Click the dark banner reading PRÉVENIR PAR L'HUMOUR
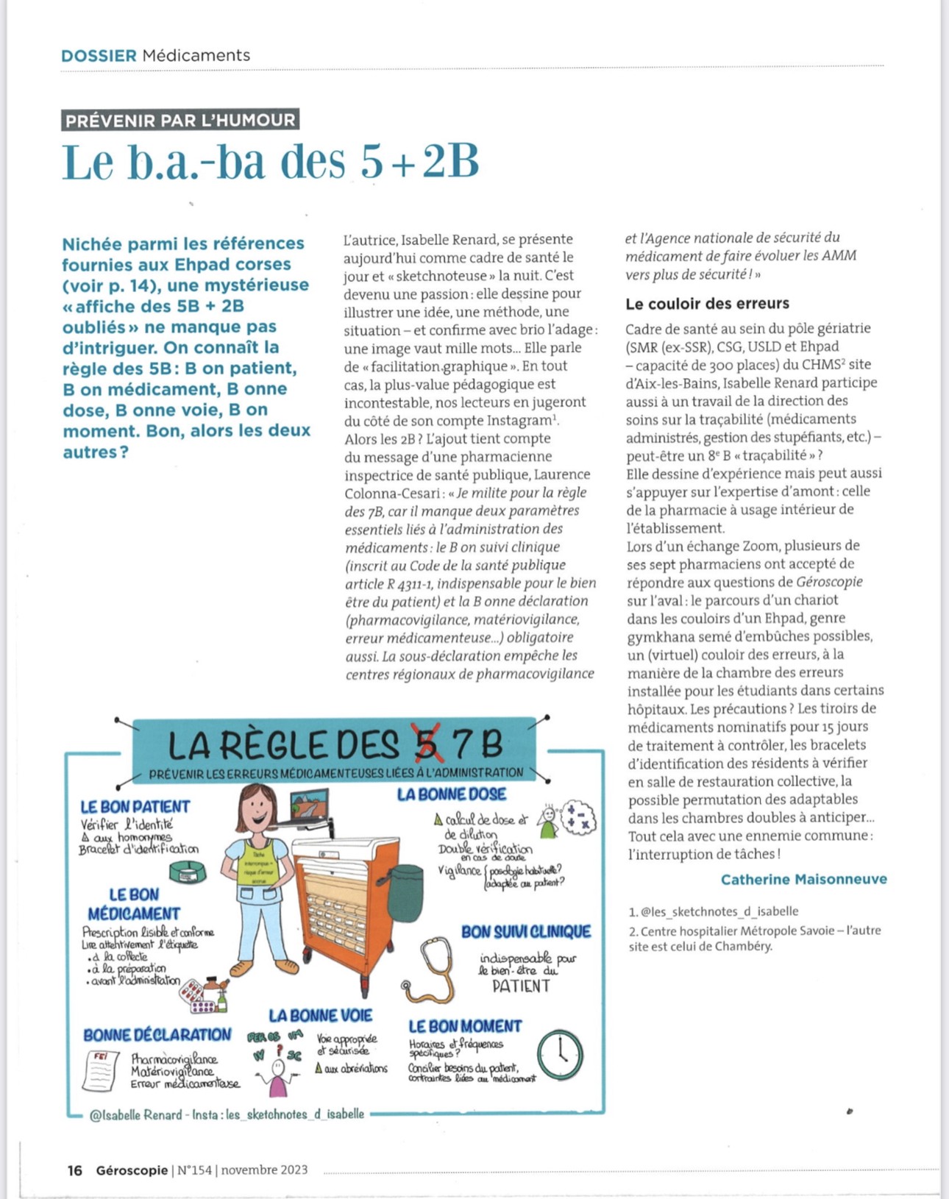point(180,120)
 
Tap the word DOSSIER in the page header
point(99,55)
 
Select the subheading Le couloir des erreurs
point(707,303)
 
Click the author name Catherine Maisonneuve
point(803,879)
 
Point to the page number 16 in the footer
point(74,1170)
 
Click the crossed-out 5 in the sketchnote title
point(427,744)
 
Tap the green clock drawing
point(560,1054)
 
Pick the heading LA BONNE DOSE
point(452,794)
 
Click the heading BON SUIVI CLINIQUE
point(526,932)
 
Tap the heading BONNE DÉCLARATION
point(157,1035)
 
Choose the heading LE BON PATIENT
point(135,807)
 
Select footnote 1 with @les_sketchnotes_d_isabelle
point(713,911)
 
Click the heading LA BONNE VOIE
point(320,1016)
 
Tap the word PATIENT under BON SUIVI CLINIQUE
point(521,986)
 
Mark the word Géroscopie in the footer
point(132,1170)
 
